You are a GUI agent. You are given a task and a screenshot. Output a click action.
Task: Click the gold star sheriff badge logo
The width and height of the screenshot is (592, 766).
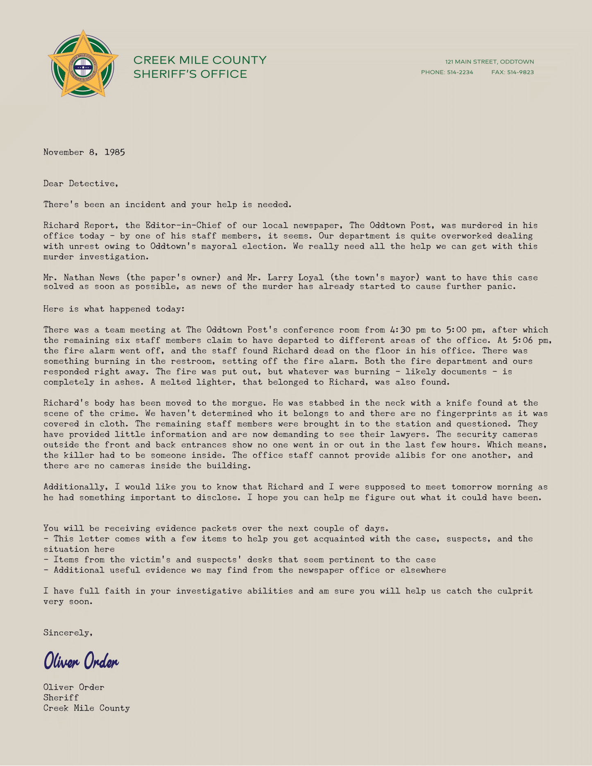point(83,64)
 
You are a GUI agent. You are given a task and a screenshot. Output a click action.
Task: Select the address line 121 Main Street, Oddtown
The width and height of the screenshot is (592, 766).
point(490,62)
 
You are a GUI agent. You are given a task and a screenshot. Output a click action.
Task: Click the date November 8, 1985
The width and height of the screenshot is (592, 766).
point(84,152)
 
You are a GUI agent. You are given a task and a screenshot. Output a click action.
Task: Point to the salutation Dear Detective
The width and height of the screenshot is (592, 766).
point(81,184)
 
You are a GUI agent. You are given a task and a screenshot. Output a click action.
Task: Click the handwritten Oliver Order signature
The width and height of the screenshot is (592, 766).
point(81,661)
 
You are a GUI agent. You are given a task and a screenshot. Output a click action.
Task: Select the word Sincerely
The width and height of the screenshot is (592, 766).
point(68,633)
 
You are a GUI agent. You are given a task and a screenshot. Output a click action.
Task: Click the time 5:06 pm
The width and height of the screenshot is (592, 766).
point(532,340)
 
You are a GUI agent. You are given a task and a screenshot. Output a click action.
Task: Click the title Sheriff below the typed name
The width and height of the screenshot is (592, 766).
point(61,698)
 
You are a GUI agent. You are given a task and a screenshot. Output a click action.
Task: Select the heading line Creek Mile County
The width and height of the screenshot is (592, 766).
point(200,60)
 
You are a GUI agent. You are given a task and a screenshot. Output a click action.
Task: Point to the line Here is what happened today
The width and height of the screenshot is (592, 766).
point(114,309)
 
